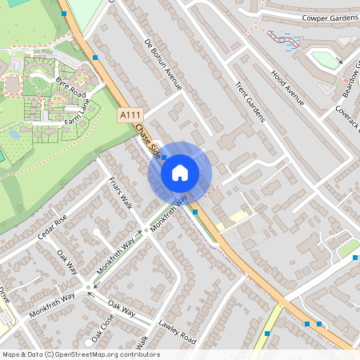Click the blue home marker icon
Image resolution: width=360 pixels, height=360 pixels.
pos(180,172)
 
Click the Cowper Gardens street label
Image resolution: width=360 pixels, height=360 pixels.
pos(326,17)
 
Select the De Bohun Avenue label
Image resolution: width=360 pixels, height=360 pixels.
pos(164,63)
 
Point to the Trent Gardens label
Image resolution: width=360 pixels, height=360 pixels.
pos(249,96)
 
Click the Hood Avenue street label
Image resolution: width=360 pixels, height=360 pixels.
pos(288,86)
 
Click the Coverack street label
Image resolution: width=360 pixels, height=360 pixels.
pos(350,117)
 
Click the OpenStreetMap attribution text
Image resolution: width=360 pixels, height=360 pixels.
pos(80,354)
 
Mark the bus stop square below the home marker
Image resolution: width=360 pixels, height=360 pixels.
pos(195,212)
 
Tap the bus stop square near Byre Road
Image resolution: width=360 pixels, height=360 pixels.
pos(95,57)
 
